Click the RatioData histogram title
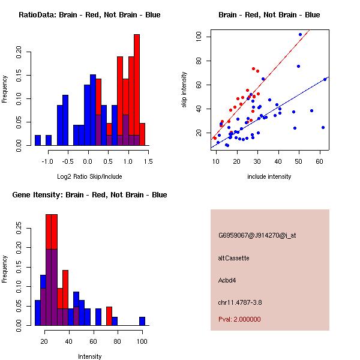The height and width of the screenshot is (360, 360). click(89, 15)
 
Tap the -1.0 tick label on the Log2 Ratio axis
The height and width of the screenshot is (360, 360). click(47, 161)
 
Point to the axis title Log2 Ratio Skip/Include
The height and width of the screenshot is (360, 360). click(89, 176)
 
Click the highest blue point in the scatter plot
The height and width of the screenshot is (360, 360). click(301, 34)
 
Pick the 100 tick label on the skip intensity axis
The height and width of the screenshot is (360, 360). click(199, 37)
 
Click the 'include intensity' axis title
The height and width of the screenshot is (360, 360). click(269, 176)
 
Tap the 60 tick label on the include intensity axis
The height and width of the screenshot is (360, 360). click(320, 161)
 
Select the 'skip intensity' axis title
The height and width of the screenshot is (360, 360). click(184, 89)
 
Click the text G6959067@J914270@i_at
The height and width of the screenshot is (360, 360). click(257, 235)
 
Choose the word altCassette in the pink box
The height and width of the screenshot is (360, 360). click(234, 258)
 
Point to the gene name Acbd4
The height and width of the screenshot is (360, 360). click(227, 280)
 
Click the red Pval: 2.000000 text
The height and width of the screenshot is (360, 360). click(239, 319)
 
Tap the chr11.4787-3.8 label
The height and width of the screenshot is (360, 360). click(240, 302)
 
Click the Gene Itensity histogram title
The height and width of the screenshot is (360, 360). click(89, 195)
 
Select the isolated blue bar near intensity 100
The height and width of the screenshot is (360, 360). click(142, 321)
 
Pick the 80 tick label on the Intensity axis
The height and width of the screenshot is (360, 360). click(118, 341)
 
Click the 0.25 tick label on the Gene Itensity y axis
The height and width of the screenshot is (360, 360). click(19, 228)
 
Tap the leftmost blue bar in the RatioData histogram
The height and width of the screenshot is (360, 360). click(38, 140)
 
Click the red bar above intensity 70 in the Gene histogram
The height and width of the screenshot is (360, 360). click(109, 316)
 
